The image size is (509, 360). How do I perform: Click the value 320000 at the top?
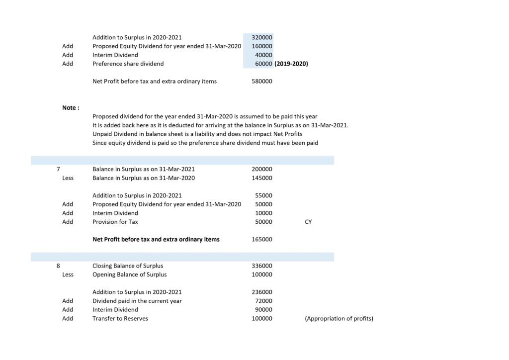click(262, 37)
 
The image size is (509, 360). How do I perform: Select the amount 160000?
click(262, 46)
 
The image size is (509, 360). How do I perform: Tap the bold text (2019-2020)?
click(291, 64)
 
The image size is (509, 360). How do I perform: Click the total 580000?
click(262, 81)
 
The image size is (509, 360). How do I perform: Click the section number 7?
click(59, 169)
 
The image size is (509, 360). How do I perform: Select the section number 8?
click(59, 266)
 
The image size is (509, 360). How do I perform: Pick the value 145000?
click(262, 178)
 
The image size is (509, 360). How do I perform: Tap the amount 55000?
click(263, 195)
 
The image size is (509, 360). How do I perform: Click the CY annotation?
click(308, 222)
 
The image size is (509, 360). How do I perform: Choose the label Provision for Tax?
click(115, 222)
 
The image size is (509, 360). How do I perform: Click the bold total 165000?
click(262, 239)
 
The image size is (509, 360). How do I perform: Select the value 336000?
click(262, 266)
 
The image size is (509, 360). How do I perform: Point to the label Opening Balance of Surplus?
click(129, 274)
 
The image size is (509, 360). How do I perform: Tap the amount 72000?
click(263, 301)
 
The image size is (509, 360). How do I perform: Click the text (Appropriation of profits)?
click(339, 318)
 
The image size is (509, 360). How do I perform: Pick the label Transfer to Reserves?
click(120, 318)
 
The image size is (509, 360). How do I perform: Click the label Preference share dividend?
click(128, 64)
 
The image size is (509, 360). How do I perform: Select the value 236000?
click(262, 292)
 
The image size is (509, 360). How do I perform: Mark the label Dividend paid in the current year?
click(137, 301)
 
